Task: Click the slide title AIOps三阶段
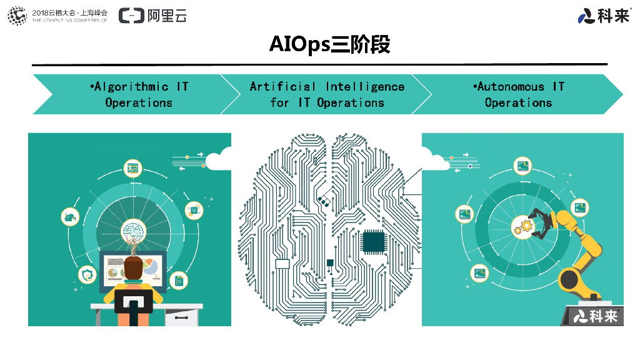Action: (329, 44)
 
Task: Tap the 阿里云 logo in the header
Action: (152, 16)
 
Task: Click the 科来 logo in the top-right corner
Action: (604, 16)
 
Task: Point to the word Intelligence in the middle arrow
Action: (365, 87)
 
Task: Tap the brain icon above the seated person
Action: (133, 229)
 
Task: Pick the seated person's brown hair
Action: (133, 267)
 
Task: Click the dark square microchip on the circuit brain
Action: (373, 241)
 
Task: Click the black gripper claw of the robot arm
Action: (539, 222)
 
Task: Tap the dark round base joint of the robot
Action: (570, 279)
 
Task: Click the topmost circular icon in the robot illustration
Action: (522, 166)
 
